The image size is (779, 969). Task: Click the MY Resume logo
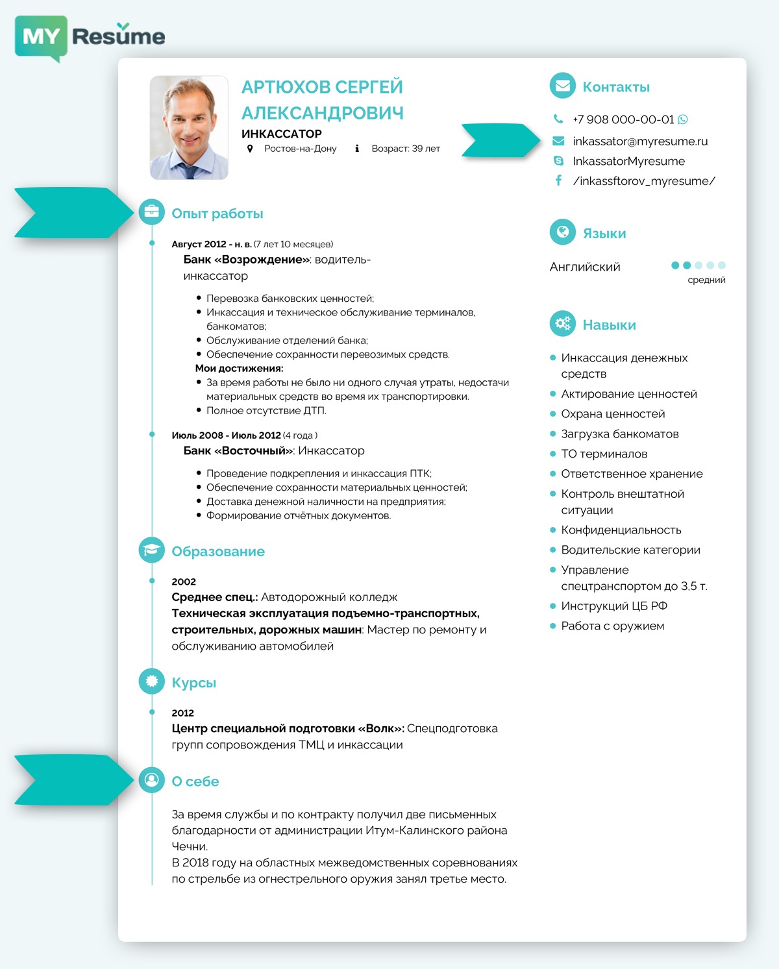click(90, 37)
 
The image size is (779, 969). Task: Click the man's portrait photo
click(189, 128)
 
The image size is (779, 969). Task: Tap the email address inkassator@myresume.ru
click(639, 141)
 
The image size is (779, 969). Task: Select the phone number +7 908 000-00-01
click(623, 119)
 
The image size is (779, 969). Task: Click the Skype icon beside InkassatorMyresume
click(558, 161)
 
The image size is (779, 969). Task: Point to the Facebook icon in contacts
click(558, 180)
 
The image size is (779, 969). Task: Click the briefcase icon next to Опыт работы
click(151, 212)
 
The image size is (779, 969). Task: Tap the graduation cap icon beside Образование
click(151, 550)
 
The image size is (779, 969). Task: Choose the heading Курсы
click(193, 683)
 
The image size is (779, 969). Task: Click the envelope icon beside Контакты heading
click(562, 86)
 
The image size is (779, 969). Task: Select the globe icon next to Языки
click(562, 232)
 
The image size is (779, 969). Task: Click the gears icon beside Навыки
click(562, 323)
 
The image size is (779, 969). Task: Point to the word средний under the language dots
click(706, 280)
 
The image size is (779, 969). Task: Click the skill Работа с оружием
click(612, 626)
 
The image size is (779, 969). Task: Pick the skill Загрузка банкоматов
click(619, 434)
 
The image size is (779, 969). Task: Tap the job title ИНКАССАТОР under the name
click(281, 134)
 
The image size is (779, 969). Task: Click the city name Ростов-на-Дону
click(300, 149)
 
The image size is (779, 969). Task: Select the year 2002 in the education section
click(184, 582)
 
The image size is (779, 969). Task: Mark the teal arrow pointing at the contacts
click(500, 140)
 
